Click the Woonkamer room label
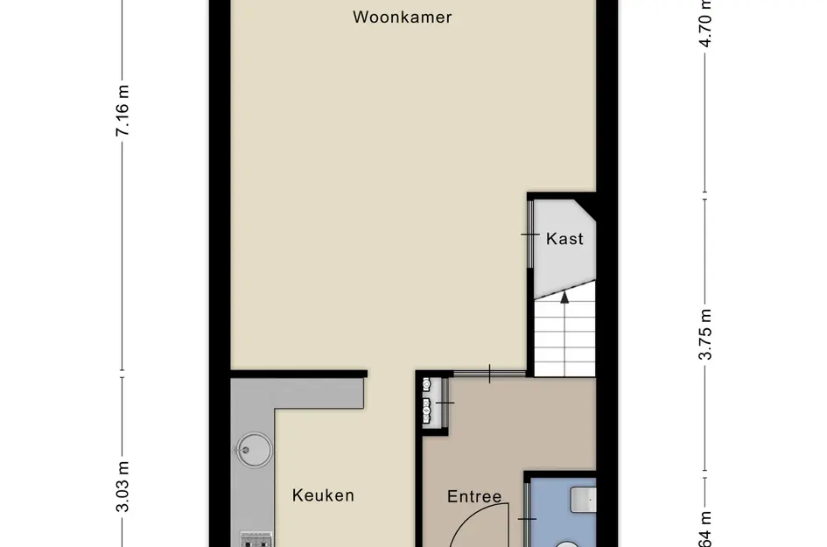coord(403,17)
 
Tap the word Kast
coord(564,238)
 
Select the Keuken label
coord(323,495)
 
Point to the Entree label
coord(474,497)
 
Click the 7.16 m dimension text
coord(123,110)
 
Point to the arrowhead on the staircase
coord(564,296)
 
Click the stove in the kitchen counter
coord(256,539)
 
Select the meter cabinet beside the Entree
coord(429,401)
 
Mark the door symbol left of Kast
coord(530,235)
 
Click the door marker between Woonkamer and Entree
coord(490,373)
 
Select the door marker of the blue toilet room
coord(528,520)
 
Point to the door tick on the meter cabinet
coord(445,402)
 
